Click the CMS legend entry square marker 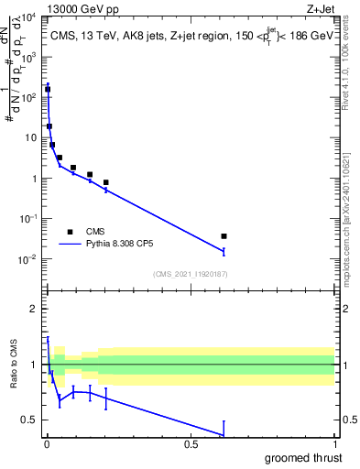point(70,232)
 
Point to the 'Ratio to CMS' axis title point(13,365)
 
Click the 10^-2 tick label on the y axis point(29,259)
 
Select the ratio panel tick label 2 point(32,309)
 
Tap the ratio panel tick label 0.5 point(28,420)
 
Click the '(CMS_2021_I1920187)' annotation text point(190,274)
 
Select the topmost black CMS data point point(48,90)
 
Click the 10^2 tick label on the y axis point(29,98)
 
